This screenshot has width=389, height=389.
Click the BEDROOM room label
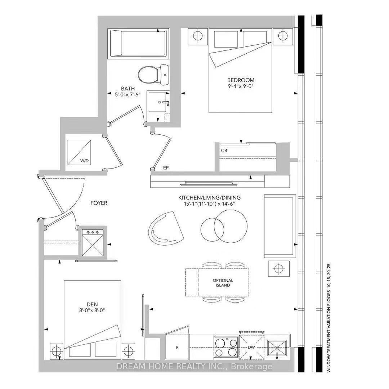click(241, 80)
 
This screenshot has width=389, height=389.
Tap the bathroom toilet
click(153, 75)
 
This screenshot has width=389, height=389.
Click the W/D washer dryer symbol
click(79, 152)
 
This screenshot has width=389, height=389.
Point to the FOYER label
click(99, 203)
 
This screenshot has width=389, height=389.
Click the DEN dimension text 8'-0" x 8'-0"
click(92, 310)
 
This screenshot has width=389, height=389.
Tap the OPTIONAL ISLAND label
click(223, 283)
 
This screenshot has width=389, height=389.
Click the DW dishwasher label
click(251, 347)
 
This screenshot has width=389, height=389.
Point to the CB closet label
click(224, 151)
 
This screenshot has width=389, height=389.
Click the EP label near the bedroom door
click(166, 168)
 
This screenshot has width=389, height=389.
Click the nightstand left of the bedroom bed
click(198, 36)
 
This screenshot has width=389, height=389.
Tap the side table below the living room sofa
click(278, 269)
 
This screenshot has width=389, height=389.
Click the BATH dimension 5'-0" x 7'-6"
click(128, 94)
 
